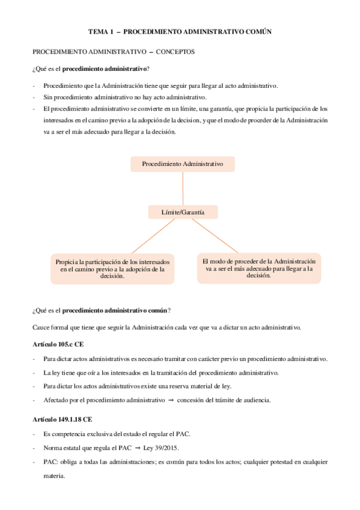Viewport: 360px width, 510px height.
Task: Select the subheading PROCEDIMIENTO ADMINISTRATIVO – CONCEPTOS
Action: [x=113, y=52]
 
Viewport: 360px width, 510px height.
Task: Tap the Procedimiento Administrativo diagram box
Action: [x=182, y=164]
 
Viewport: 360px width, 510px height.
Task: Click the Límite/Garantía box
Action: [x=183, y=212]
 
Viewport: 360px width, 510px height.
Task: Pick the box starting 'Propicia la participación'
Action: [x=112, y=269]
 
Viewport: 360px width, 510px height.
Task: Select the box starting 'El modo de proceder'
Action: [x=258, y=268]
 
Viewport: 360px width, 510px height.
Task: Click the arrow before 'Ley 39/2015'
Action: [x=137, y=448]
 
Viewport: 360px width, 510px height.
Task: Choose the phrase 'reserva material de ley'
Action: [x=197, y=386]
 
